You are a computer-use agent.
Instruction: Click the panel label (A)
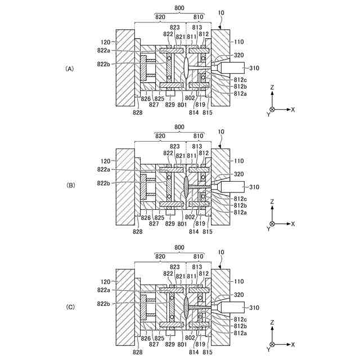(70, 69)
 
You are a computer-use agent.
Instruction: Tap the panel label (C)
(70, 307)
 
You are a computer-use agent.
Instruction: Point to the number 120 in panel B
(105, 161)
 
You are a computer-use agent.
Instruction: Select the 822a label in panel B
(103, 169)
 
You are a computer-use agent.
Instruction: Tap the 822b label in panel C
(103, 304)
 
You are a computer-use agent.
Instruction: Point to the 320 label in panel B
(238, 174)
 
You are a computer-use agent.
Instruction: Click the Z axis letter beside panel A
(272, 88)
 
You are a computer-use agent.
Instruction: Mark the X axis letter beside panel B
(293, 223)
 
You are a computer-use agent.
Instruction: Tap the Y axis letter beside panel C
(268, 349)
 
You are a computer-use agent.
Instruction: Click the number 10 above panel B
(222, 131)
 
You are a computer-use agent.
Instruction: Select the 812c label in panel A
(240, 79)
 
